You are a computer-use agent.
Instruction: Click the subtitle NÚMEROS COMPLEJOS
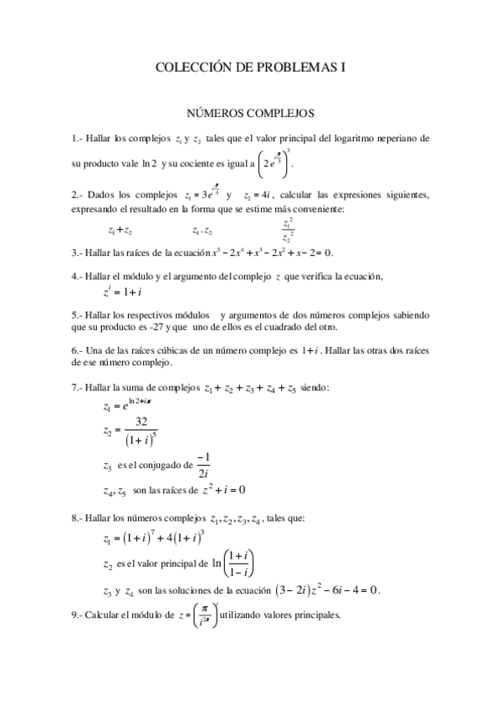click(250, 110)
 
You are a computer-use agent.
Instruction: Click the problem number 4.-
click(77, 276)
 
